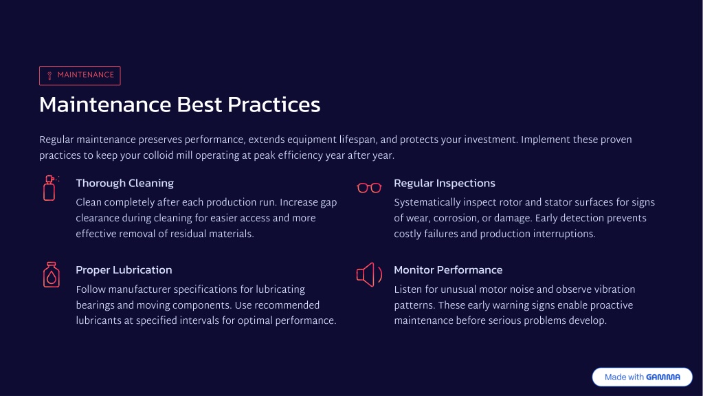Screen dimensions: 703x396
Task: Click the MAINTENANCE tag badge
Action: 80,76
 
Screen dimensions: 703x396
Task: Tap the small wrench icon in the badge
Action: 49,76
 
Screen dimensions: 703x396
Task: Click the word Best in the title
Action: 199,105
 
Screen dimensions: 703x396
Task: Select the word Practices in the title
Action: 274,105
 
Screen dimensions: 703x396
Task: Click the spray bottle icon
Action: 51,188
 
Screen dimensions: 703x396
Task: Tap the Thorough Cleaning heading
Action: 124,184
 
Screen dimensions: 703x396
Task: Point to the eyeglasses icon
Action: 369,188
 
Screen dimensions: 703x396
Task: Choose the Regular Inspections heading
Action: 445,184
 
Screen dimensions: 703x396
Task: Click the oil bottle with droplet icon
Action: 51,274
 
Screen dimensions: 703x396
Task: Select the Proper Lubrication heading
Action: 124,270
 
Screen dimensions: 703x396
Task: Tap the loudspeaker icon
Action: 369,274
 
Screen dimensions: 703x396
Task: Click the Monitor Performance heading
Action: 448,270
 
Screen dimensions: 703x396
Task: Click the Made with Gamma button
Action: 642,377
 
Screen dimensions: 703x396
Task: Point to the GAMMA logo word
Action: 663,377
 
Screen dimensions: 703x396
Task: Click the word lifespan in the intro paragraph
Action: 357,140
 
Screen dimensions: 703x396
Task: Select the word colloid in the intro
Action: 158,155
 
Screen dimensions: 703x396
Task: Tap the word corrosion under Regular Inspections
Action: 452,219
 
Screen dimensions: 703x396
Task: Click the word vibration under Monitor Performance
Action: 614,289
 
